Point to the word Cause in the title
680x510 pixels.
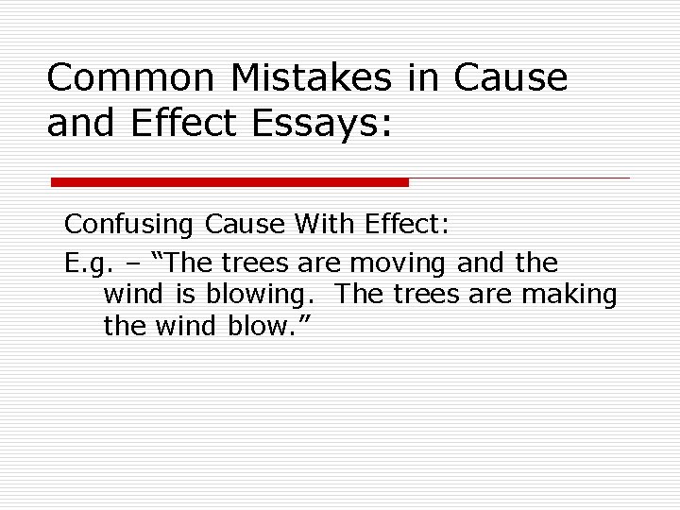(511, 78)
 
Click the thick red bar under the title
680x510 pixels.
(229, 181)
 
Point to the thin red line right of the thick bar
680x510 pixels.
(519, 178)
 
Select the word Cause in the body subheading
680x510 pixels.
(244, 225)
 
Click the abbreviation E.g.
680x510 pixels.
(89, 262)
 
